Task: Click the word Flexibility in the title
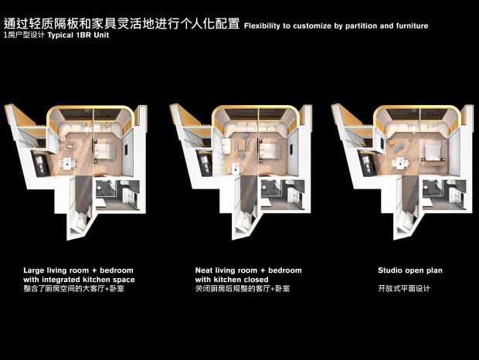click(x=262, y=26)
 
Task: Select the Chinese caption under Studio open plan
click(x=404, y=289)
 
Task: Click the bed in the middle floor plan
click(x=270, y=151)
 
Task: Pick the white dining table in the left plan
click(x=68, y=163)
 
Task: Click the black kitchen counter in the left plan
click(x=40, y=163)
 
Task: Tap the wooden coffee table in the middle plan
click(x=242, y=144)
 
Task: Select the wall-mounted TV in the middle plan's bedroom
click(x=291, y=148)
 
